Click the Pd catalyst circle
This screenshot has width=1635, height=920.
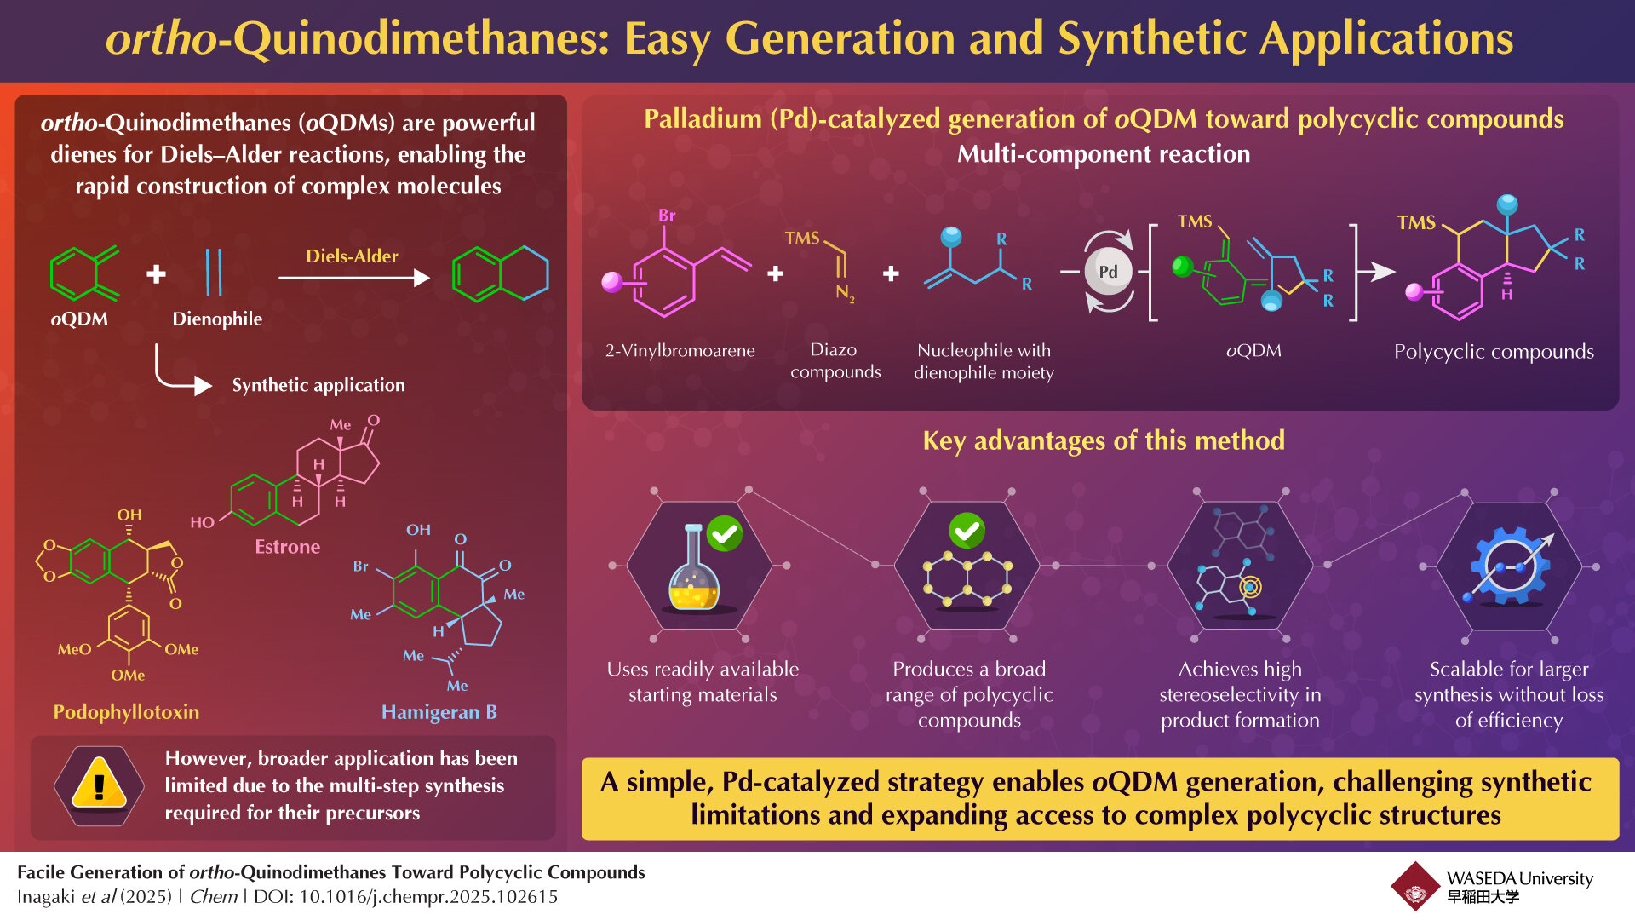point(1108,272)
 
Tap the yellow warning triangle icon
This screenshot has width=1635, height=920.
point(99,784)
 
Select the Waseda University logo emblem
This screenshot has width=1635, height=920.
point(1415,887)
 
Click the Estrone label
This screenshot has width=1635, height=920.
point(287,547)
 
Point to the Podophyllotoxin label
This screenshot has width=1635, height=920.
point(126,712)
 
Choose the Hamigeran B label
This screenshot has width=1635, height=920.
point(439,712)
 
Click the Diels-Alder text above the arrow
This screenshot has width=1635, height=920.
point(352,256)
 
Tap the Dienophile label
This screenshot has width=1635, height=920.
point(217,319)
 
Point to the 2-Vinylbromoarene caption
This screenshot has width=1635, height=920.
point(680,350)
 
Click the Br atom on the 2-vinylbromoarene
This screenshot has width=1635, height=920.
point(667,216)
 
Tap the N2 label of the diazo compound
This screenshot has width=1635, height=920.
point(844,293)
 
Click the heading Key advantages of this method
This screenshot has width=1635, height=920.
point(1104,440)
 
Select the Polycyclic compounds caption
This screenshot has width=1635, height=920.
point(1494,351)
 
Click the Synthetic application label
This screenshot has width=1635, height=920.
point(318,385)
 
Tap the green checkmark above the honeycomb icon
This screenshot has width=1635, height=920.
point(967,531)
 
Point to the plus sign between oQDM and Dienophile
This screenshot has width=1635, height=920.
point(156,274)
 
